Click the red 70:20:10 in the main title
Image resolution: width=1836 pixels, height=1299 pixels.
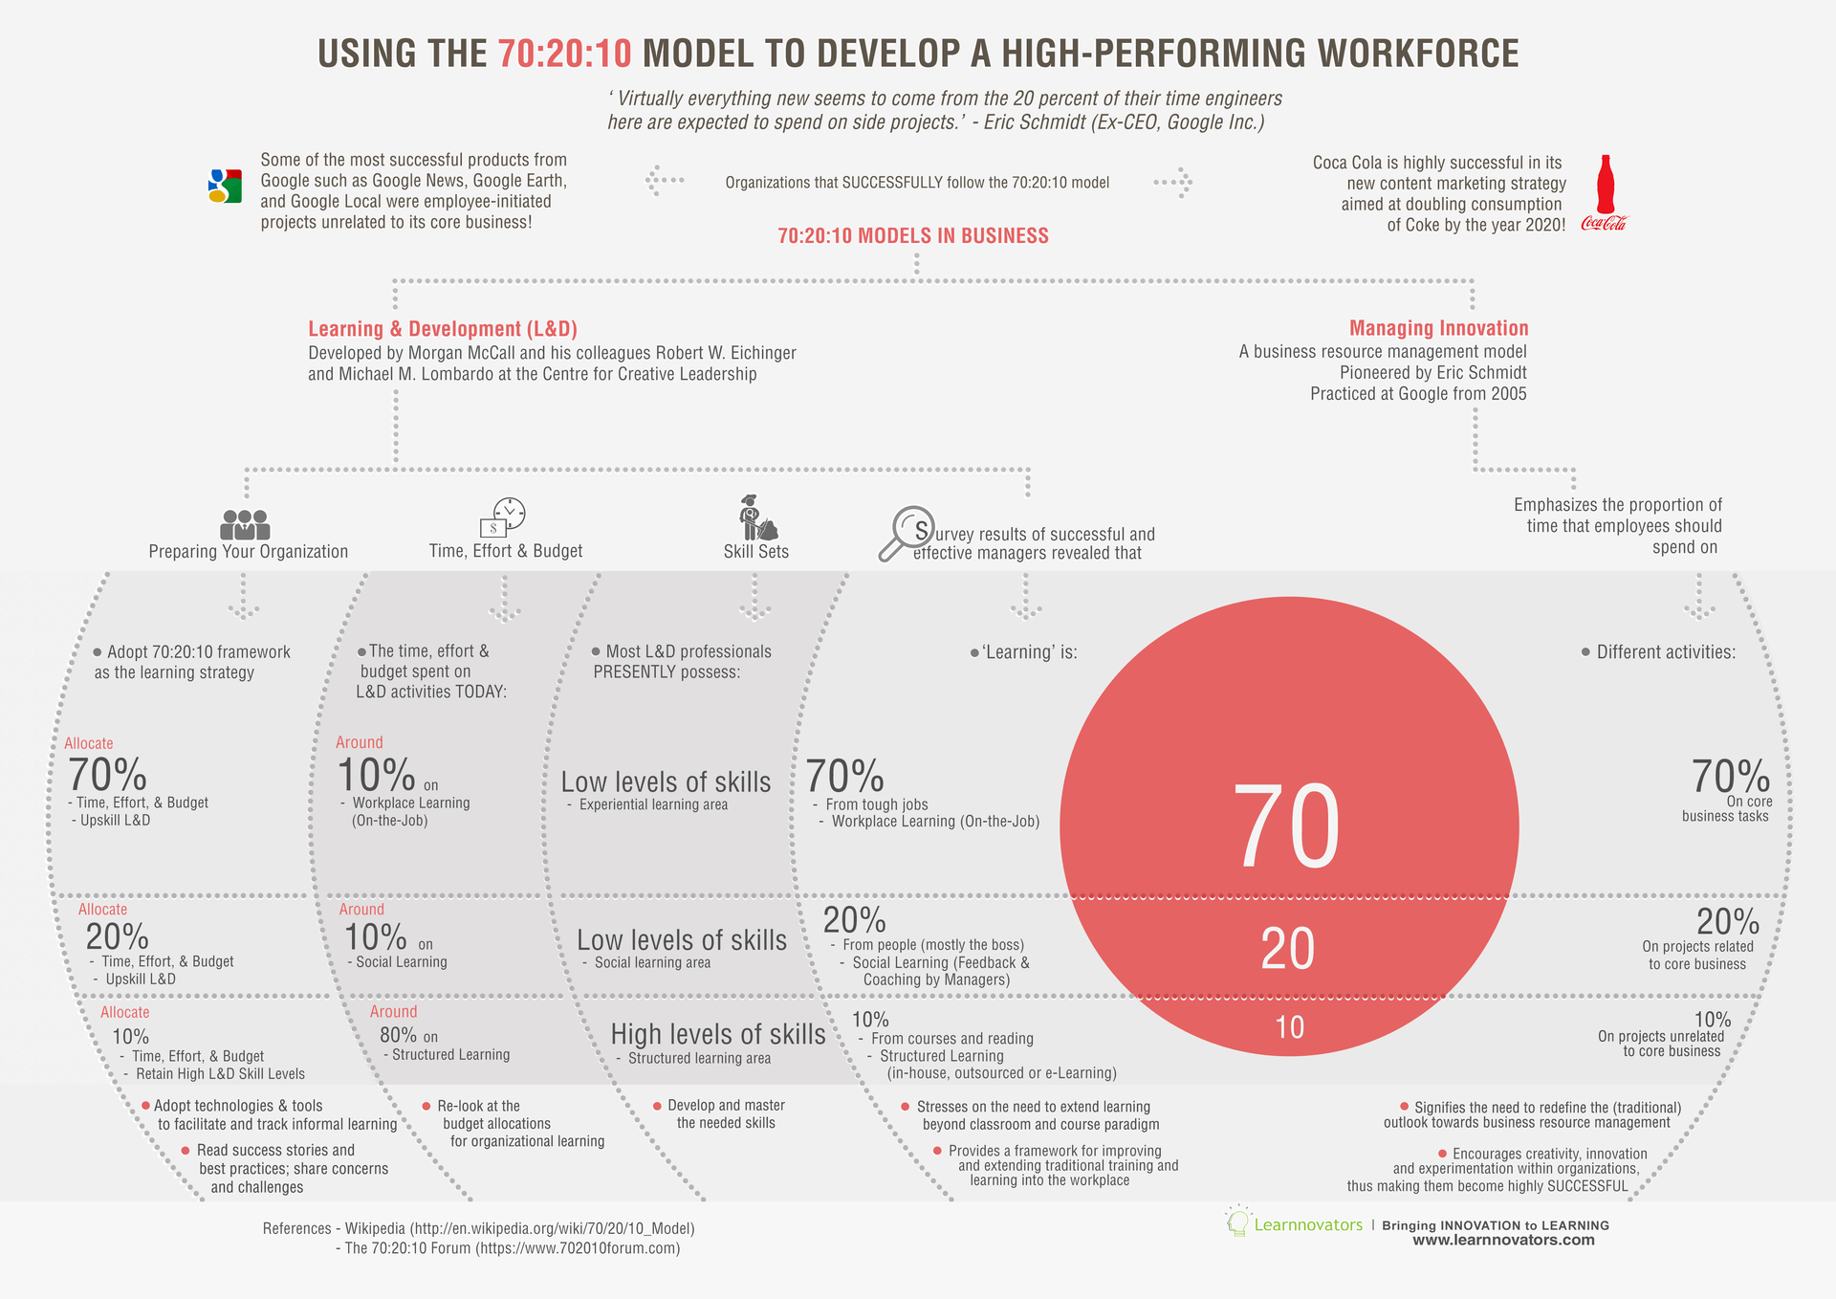click(564, 54)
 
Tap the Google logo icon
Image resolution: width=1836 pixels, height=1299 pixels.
click(225, 186)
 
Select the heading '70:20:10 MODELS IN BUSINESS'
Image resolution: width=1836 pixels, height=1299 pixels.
click(912, 235)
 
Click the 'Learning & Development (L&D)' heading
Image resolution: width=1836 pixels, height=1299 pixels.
click(443, 329)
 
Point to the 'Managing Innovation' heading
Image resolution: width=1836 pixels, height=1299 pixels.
click(1438, 328)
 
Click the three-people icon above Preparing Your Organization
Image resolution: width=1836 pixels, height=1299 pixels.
click(245, 524)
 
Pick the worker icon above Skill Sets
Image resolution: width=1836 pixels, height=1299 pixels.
click(756, 518)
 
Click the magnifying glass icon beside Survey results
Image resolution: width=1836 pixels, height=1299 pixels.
click(905, 533)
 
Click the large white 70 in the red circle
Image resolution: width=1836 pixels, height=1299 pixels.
click(1287, 826)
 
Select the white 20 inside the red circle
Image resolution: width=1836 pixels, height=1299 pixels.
click(1287, 949)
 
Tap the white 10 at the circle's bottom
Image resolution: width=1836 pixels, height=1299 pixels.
click(1289, 1027)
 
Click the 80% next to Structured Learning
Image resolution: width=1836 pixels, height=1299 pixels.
click(398, 1035)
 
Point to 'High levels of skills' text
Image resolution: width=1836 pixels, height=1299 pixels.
click(717, 1034)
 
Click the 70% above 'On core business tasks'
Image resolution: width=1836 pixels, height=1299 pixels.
click(1730, 776)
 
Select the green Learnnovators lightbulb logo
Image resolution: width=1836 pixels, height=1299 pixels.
click(1238, 1222)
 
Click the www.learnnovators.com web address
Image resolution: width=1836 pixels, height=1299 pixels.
click(1503, 1240)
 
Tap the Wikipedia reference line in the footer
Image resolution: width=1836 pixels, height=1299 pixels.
click(478, 1228)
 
